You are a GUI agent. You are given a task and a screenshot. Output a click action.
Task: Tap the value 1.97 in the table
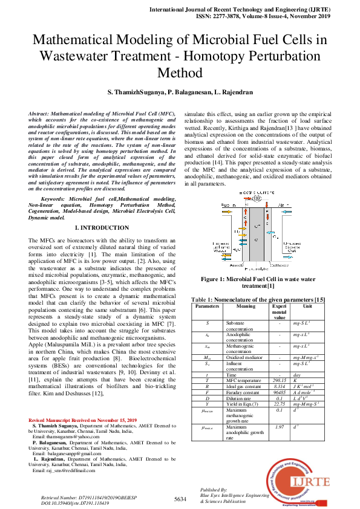[280, 427]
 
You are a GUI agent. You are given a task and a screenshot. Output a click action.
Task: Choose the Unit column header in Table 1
[308, 306]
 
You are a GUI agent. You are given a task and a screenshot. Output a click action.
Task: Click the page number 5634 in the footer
[180, 499]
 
